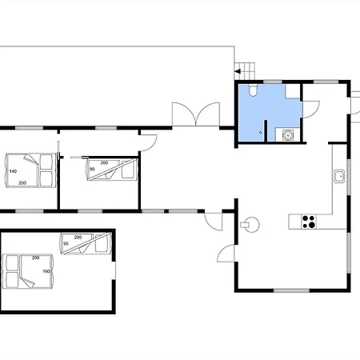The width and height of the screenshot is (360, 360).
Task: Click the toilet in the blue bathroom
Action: tap(253, 90)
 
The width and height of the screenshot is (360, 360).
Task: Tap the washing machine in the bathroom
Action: tap(288, 135)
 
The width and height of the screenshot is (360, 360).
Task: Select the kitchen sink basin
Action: tap(339, 176)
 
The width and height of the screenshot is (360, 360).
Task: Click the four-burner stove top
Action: tap(309, 222)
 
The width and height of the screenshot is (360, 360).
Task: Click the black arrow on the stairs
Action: tap(238, 71)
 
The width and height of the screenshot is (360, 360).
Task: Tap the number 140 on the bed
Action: tap(13, 171)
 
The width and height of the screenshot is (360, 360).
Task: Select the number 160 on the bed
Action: tap(46, 271)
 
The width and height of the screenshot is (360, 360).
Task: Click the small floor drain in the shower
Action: tap(261, 133)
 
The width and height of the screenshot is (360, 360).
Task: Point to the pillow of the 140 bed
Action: tap(46, 170)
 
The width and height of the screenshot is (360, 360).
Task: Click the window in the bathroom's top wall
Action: tap(273, 82)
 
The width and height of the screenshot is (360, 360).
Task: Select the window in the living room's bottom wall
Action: tap(292, 290)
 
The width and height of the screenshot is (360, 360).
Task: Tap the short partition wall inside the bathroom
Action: tap(266, 130)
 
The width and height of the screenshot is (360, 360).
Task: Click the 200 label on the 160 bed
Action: tap(36, 258)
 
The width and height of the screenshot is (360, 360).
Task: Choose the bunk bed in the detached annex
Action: tap(86, 243)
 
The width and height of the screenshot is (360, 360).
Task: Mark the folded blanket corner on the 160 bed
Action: tap(26, 282)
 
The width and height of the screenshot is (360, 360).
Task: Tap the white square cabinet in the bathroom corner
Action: tap(293, 91)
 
